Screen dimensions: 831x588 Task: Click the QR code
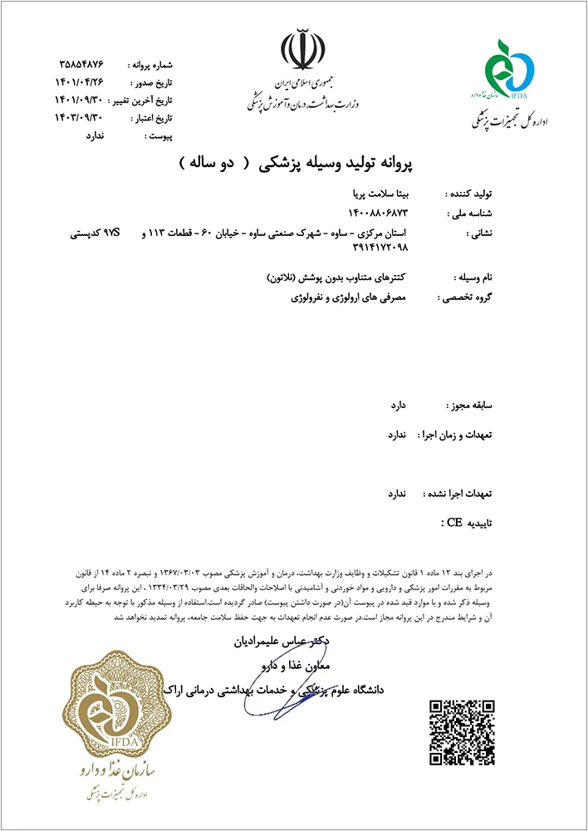tap(462, 732)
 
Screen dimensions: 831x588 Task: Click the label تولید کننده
tap(470, 192)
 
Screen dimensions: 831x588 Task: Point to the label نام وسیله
tap(473, 277)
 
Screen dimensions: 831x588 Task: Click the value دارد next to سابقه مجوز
tap(399, 406)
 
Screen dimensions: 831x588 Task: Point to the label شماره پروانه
tap(150, 65)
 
